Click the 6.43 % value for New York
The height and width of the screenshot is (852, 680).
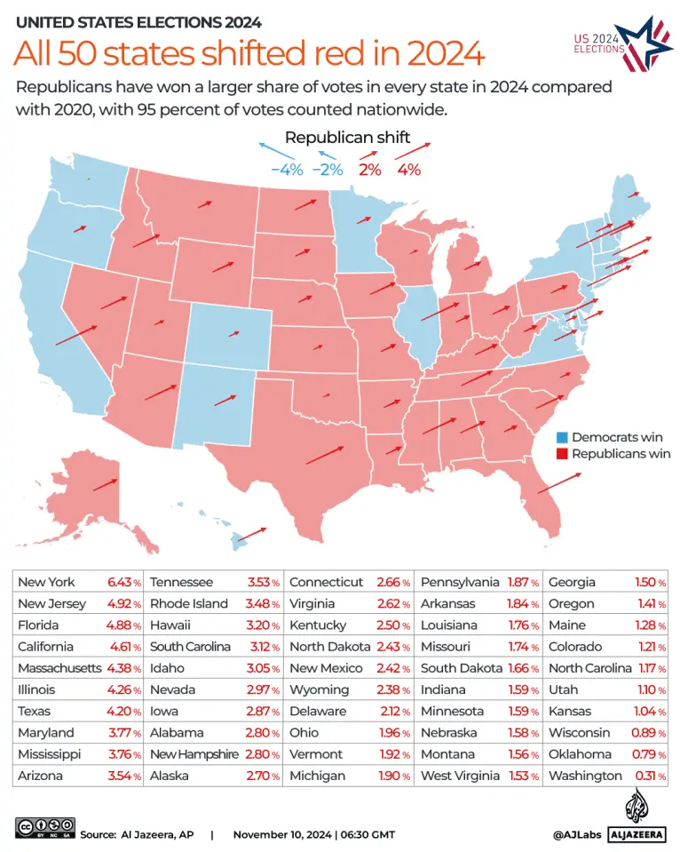coord(124,583)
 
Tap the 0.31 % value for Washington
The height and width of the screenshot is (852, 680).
coord(656,776)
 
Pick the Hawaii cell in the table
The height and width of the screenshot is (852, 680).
coord(172,625)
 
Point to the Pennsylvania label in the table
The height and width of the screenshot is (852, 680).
coord(459,583)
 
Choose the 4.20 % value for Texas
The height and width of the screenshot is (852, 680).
coord(124,712)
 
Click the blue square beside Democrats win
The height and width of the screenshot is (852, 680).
coord(561,437)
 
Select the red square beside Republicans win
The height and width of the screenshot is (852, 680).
coord(561,454)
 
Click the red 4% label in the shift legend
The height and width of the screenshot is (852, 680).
coord(409,170)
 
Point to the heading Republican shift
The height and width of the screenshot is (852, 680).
coord(348,137)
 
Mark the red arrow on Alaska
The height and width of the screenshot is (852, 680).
coord(104,485)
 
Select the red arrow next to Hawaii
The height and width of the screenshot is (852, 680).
coord(252,534)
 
